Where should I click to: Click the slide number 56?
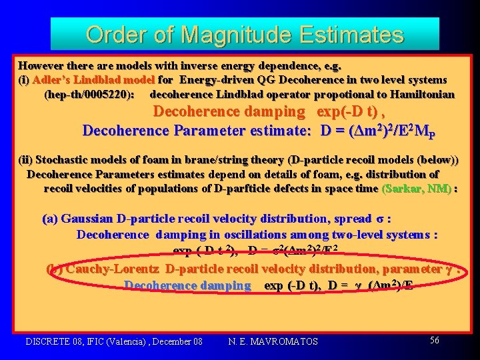[x=435, y=340]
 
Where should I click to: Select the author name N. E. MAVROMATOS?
[x=273, y=341]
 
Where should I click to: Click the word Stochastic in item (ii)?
[x=66, y=160]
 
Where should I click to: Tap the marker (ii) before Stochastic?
[x=25, y=160]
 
